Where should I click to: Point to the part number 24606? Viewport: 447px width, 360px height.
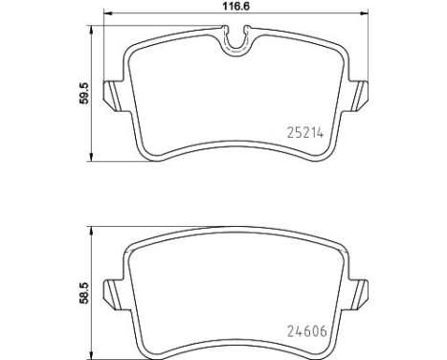(x=301, y=334)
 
